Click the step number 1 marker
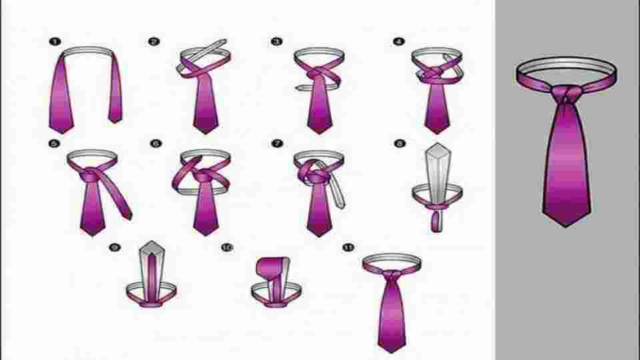coord(52,41)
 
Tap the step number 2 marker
coord(154,41)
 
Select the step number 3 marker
coord(276,41)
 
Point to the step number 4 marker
coord(399,41)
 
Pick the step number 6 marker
coord(156,143)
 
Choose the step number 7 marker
coord(276,143)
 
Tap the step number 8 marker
coord(399,143)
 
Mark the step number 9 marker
coord(115,247)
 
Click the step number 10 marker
coord(227,247)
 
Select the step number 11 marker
coord(347,247)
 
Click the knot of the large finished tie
coord(565,95)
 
